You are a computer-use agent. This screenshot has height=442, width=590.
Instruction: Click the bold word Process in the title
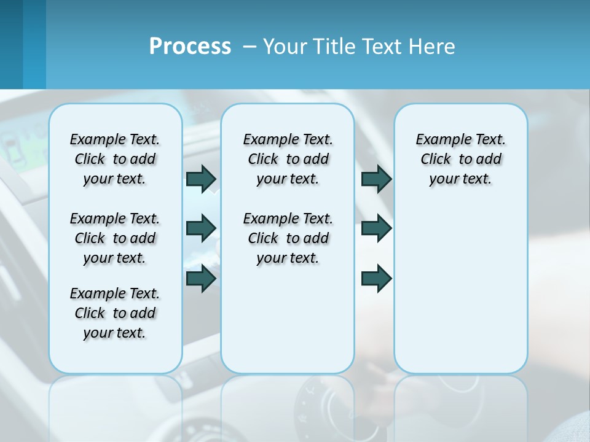190,47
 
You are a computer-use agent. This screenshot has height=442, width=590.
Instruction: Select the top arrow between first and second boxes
201,179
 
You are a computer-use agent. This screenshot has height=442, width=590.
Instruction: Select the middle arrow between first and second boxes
201,228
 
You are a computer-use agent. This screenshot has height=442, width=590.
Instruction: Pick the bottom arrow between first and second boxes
201,278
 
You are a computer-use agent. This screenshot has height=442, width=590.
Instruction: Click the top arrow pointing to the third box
376,179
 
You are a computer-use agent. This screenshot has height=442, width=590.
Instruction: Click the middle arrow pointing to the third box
376,228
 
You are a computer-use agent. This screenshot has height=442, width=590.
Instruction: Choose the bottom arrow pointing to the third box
376,278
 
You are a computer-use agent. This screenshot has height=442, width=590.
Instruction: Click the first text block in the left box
115,159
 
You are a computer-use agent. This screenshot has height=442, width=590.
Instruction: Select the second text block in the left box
115,238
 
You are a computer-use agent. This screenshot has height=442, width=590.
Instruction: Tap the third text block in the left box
115,313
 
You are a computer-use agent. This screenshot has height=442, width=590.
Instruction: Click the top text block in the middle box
288,159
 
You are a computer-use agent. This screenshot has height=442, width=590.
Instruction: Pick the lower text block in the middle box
288,238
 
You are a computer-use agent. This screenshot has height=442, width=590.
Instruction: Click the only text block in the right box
461,159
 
